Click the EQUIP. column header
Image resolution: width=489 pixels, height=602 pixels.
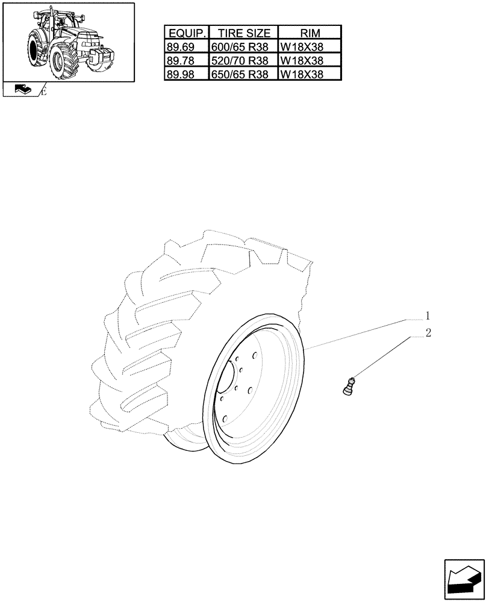pyautogui.click(x=185, y=34)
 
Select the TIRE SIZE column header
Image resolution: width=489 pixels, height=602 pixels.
pyautogui.click(x=243, y=34)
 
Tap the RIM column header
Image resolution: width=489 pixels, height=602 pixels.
pyautogui.click(x=310, y=34)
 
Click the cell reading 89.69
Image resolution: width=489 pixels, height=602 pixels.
pyautogui.click(x=185, y=48)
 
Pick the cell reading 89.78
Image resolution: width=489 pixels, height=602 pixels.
pyautogui.click(x=185, y=61)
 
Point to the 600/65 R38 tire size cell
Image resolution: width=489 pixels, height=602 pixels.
pyautogui.click(x=243, y=48)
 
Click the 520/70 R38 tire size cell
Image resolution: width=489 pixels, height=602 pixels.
pyautogui.click(x=243, y=61)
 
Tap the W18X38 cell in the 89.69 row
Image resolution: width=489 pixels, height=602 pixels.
pyautogui.click(x=310, y=48)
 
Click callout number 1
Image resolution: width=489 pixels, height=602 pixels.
pyautogui.click(x=428, y=315)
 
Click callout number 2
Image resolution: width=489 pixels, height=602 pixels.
pyautogui.click(x=428, y=333)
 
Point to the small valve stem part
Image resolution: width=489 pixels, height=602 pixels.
pyautogui.click(x=349, y=385)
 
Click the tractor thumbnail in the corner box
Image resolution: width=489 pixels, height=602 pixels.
pyautogui.click(x=67, y=42)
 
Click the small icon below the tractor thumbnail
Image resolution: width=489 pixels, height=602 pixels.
pyautogui.click(x=22, y=90)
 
